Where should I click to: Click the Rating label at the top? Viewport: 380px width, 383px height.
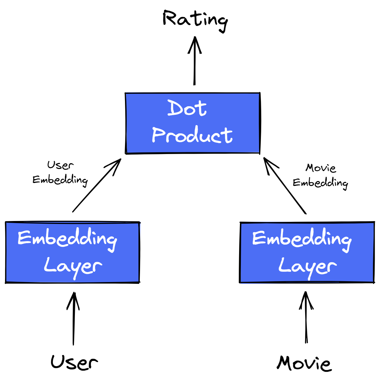(x=195, y=19)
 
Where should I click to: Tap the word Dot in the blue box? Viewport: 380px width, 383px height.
(x=187, y=108)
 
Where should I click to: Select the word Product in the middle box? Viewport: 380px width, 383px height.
(x=192, y=135)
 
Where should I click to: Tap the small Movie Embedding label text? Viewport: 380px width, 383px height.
(x=320, y=176)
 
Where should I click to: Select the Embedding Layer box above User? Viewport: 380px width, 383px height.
(x=73, y=252)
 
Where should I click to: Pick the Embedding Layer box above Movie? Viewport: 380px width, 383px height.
(x=307, y=252)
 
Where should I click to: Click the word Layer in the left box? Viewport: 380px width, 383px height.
(x=73, y=267)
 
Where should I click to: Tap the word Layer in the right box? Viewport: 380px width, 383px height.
(x=307, y=267)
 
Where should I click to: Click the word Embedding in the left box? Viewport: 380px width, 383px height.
(x=67, y=239)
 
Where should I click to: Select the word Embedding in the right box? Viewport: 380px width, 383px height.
(x=302, y=239)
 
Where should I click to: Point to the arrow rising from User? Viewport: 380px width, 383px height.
(x=73, y=319)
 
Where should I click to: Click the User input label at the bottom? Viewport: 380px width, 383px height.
(x=74, y=362)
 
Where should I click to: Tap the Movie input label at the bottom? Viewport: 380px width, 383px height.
(x=304, y=363)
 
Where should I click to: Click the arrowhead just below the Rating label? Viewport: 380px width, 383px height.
(x=195, y=44)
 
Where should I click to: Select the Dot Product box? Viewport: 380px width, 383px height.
(x=193, y=123)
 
